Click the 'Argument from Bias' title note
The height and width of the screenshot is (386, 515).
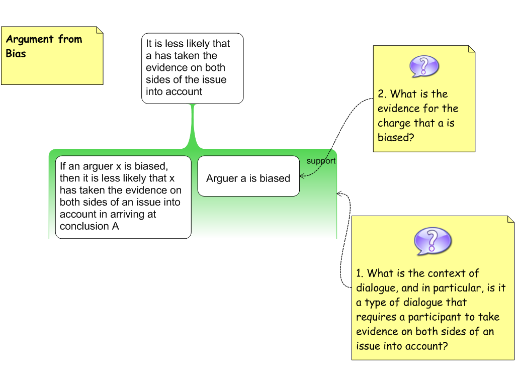coord(52,55)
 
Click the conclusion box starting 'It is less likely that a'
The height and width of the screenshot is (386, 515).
coord(192,68)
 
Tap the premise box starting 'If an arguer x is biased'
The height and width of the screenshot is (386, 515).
coord(123,197)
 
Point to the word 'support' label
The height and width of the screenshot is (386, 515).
coord(321,161)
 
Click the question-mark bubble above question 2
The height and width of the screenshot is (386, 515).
coord(424,66)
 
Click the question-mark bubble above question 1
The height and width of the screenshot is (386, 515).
coord(433,241)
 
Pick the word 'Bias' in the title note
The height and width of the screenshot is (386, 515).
coord(16,53)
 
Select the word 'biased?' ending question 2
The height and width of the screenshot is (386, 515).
coord(396,137)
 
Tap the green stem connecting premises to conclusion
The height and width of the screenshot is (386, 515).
coord(192,126)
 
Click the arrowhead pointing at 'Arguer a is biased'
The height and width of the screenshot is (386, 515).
coord(302,176)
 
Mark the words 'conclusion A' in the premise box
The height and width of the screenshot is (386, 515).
coord(89,226)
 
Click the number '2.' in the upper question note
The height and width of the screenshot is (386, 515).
coord(382,94)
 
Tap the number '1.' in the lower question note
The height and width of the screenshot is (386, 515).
coord(360,273)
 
